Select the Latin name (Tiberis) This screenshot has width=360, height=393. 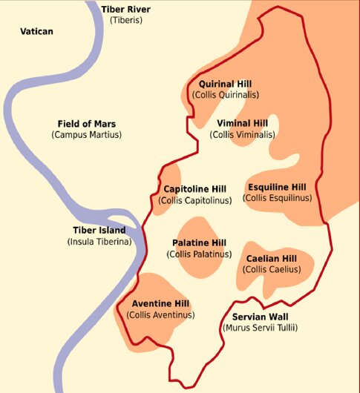125,20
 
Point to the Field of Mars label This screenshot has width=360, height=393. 86,123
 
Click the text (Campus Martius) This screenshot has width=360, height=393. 86,135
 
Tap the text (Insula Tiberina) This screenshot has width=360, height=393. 99,241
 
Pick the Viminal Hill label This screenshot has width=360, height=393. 242,123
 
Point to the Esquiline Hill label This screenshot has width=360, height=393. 277,187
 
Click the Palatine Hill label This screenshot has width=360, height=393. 199,243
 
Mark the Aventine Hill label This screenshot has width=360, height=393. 160,304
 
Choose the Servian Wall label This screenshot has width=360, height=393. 259,316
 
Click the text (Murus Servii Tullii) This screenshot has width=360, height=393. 259,327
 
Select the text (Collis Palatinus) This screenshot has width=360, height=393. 199,254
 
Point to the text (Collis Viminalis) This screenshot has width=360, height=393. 242,135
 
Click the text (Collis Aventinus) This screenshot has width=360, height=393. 160,315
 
